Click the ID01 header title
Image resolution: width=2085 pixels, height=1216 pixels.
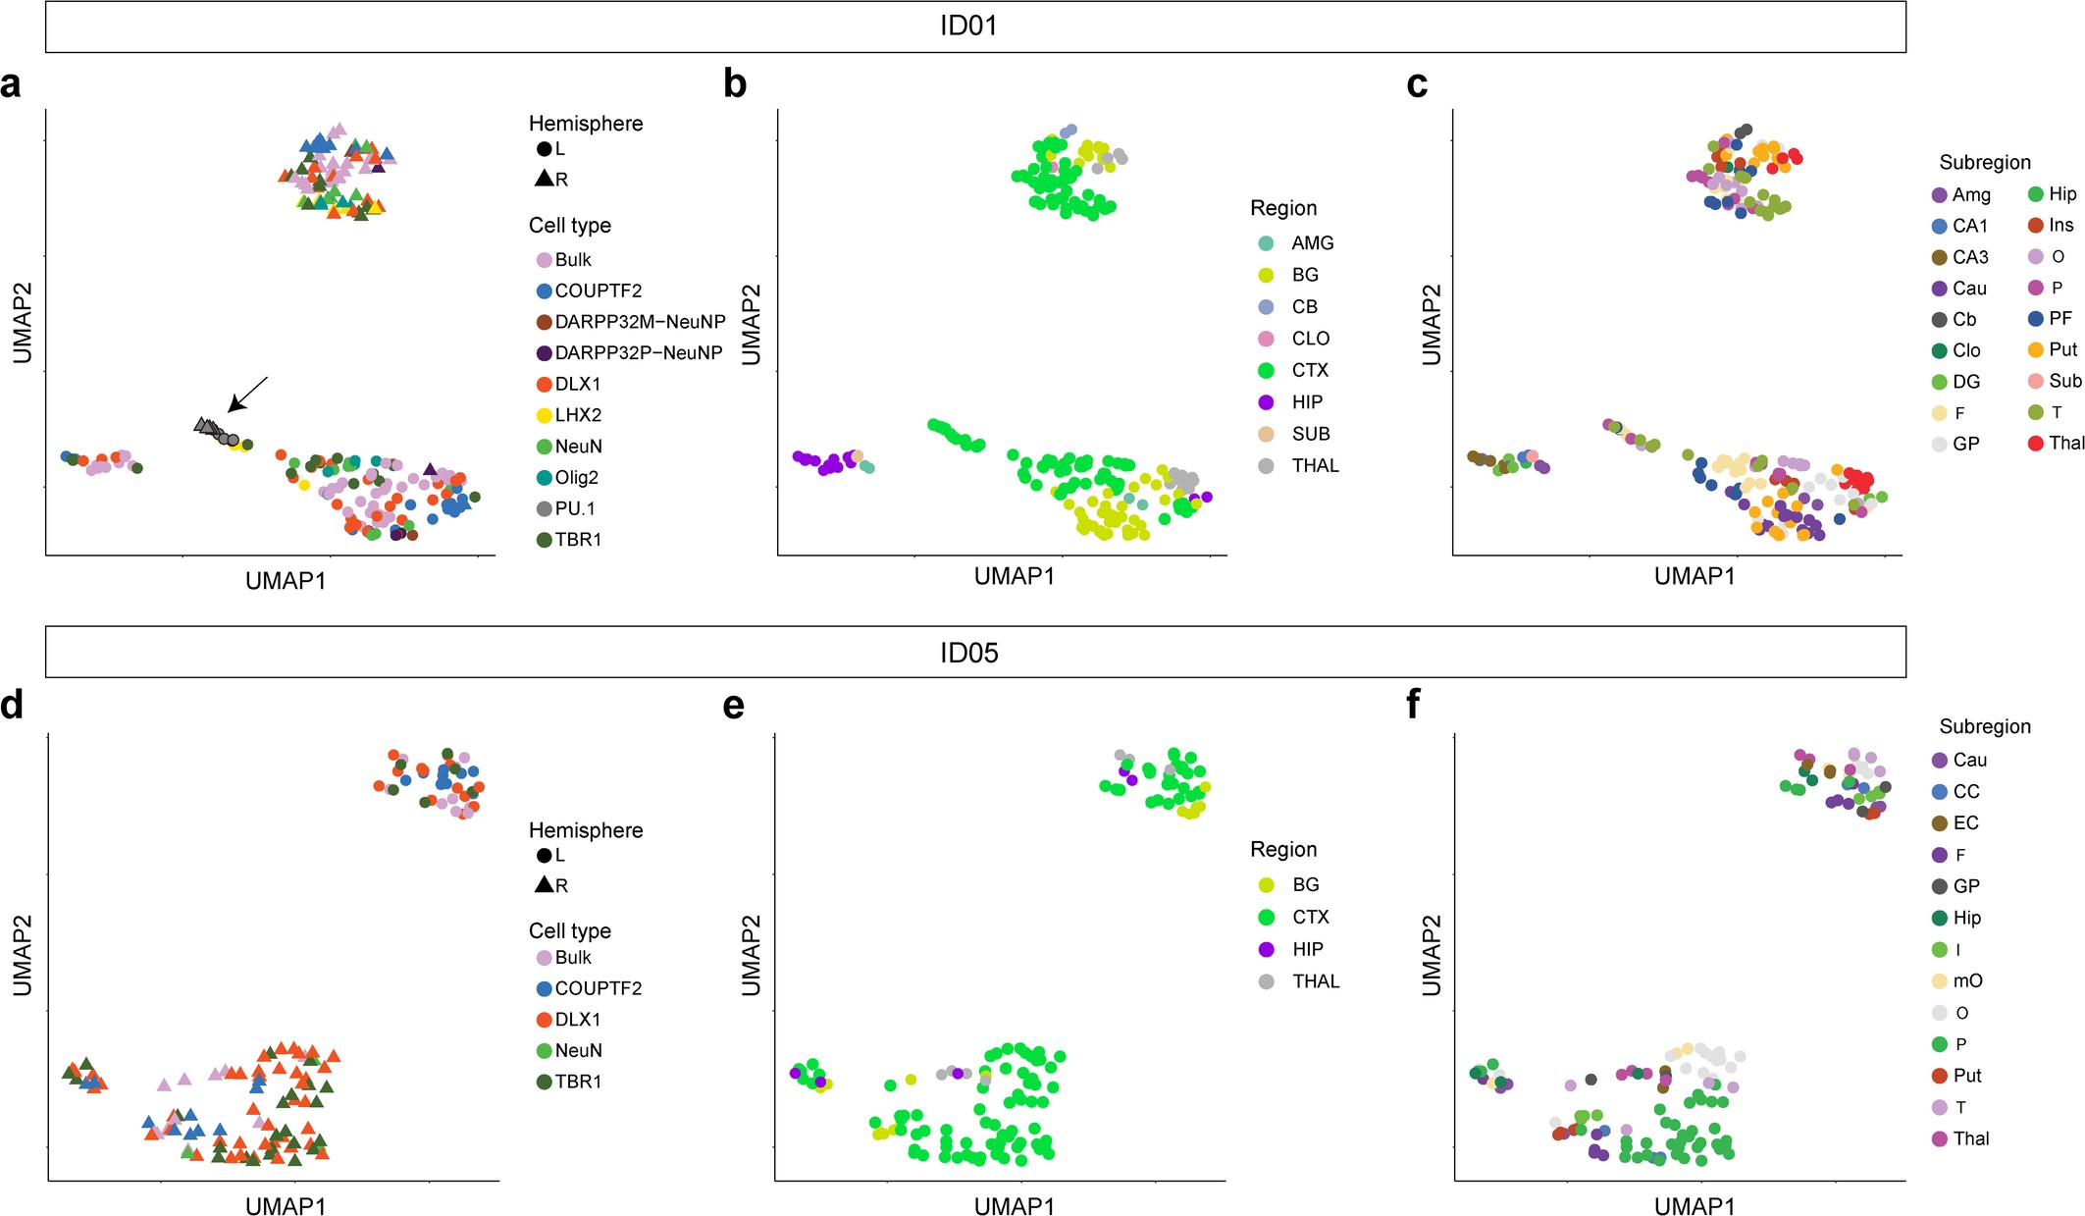(968, 26)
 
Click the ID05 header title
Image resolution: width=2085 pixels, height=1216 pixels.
(968, 653)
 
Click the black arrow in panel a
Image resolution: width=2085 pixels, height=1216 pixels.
(247, 393)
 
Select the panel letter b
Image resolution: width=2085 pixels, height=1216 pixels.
(735, 84)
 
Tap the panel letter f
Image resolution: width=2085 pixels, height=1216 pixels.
(1413, 705)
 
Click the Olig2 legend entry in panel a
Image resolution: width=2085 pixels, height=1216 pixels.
(576, 478)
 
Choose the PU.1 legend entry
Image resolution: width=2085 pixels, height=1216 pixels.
(574, 508)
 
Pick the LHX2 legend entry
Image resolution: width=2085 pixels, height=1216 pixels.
(577, 415)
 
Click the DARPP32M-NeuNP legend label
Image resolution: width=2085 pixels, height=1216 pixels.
(639, 322)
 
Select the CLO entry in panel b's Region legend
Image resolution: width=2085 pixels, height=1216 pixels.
(1310, 339)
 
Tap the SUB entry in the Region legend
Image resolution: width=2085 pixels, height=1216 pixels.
(1310, 434)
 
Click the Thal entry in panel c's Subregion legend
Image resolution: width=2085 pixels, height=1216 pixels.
(2065, 443)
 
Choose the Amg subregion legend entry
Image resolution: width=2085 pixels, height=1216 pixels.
(1970, 194)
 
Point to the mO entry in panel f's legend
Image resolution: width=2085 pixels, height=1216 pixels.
(1967, 980)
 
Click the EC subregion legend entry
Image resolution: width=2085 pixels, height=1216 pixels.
(1965, 822)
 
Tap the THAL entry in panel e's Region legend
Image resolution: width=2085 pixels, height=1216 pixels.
(1315, 981)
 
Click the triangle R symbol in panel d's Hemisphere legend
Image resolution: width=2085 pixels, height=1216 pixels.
(546, 884)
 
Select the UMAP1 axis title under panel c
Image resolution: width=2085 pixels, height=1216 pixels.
(1694, 576)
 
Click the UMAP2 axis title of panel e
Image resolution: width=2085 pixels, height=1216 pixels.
(751, 955)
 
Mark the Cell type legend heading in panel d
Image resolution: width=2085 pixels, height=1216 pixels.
(569, 930)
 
